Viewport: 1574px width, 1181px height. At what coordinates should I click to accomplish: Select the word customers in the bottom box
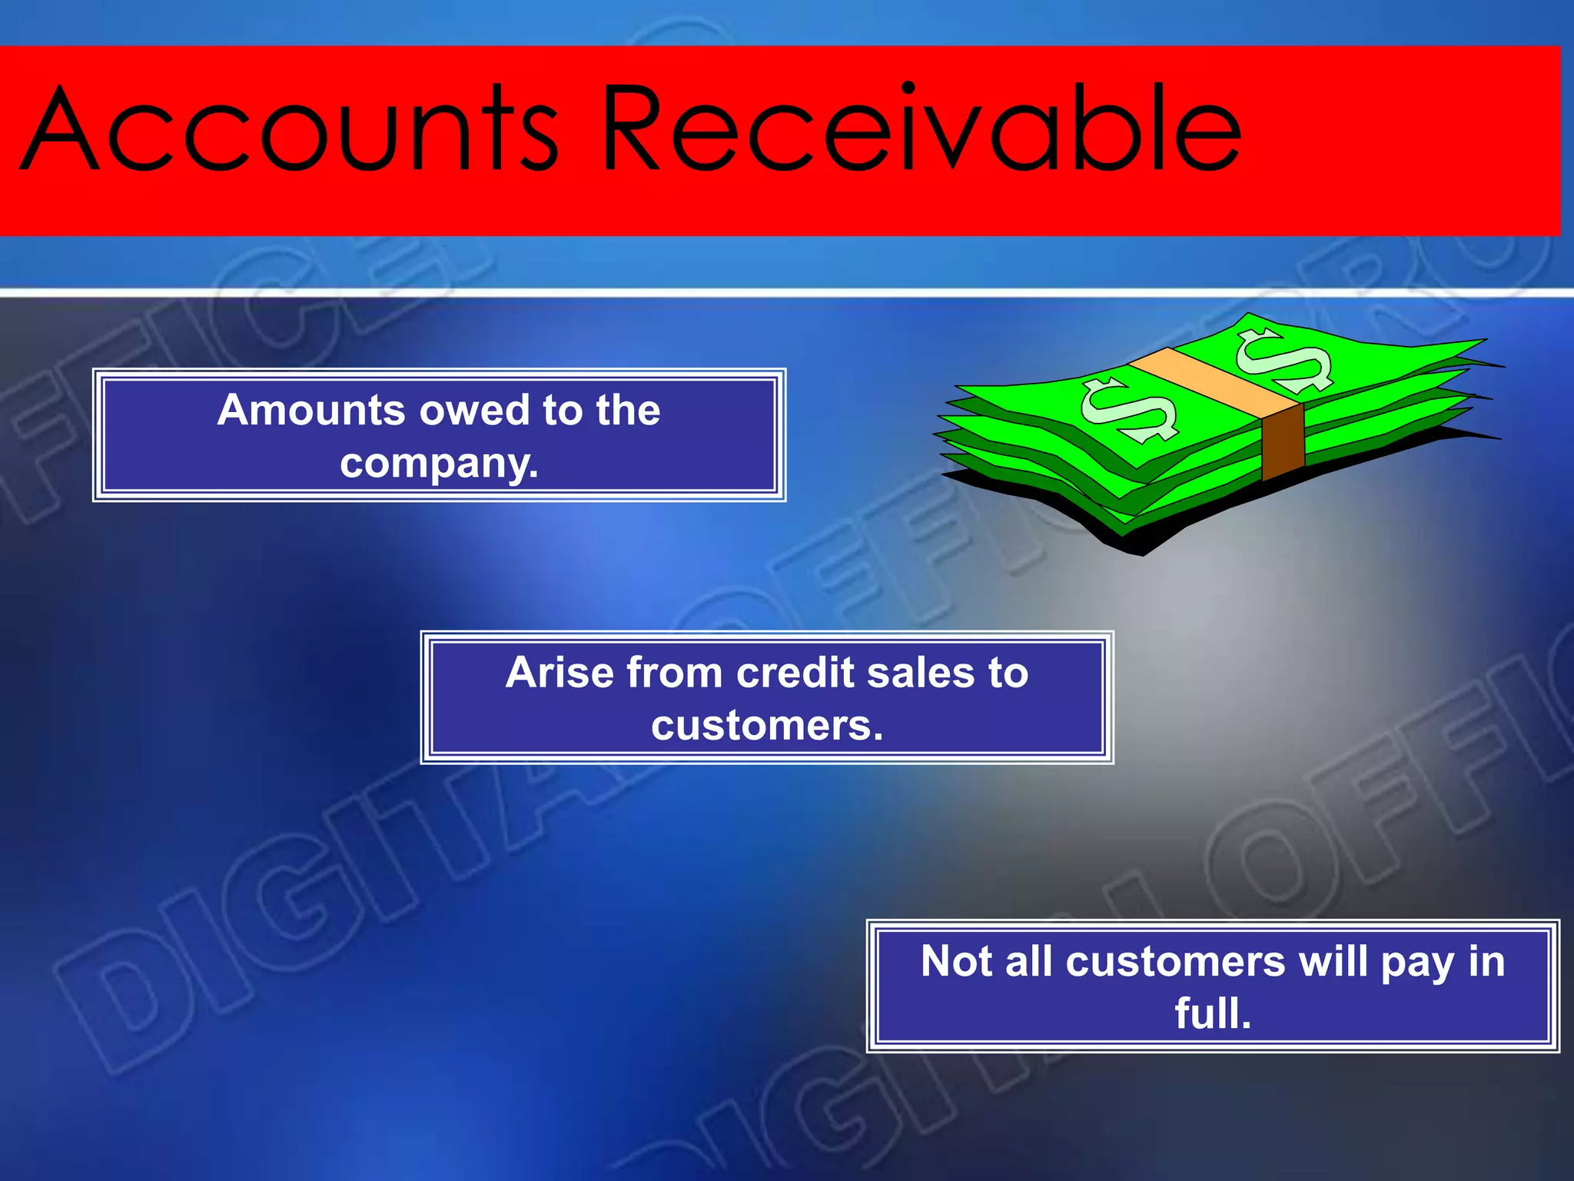(1174, 963)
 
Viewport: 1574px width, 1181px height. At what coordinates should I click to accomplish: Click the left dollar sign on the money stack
(1128, 409)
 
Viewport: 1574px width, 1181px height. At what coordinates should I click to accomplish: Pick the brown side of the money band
(1283, 441)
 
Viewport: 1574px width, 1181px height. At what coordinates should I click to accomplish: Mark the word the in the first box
(628, 410)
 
